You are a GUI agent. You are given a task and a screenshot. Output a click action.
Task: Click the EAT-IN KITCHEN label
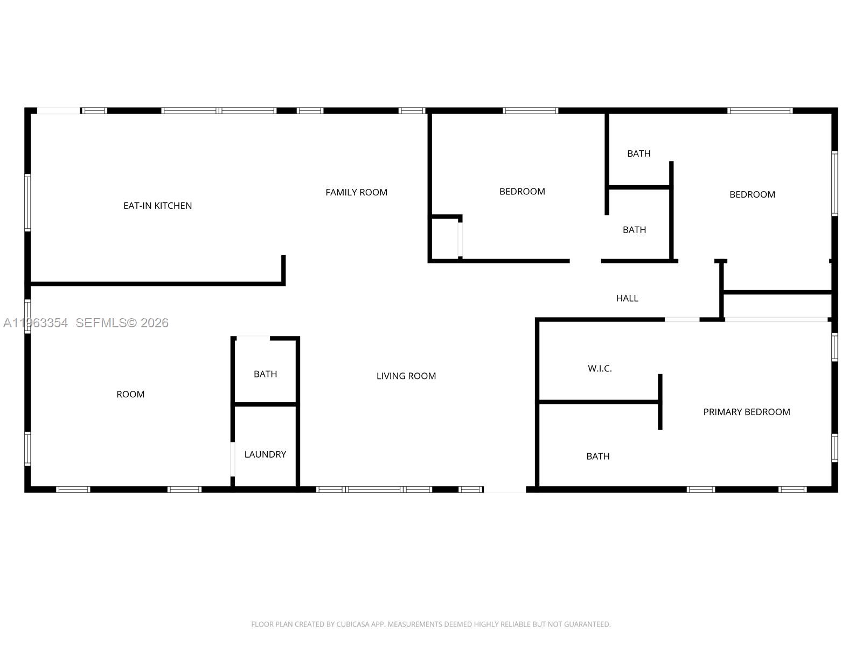pyautogui.click(x=157, y=206)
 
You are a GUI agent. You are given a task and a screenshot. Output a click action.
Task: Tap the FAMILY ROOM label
pyautogui.click(x=356, y=192)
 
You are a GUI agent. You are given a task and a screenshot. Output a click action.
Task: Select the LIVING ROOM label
pyautogui.click(x=406, y=376)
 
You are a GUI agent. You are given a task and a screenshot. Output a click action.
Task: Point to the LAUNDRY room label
pyautogui.click(x=265, y=454)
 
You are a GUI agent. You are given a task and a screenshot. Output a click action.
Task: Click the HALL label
pyautogui.click(x=627, y=298)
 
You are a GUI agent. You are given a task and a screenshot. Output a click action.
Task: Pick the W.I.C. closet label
pyautogui.click(x=600, y=369)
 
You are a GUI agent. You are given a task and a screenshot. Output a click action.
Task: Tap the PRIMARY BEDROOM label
pyautogui.click(x=746, y=412)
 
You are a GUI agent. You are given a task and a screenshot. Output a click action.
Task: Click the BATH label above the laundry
pyautogui.click(x=265, y=374)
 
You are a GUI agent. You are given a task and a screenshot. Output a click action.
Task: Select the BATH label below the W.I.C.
pyautogui.click(x=598, y=457)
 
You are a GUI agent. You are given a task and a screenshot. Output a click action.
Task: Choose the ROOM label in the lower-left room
pyautogui.click(x=130, y=395)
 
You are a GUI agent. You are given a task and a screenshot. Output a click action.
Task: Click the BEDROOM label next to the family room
pyautogui.click(x=522, y=192)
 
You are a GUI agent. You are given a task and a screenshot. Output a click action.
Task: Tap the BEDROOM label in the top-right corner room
pyautogui.click(x=752, y=194)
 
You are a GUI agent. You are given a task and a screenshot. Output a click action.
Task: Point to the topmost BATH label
pyautogui.click(x=638, y=154)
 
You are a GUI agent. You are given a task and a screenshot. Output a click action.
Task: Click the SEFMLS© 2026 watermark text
pyautogui.click(x=122, y=323)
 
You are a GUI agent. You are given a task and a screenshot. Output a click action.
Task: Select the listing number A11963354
pyautogui.click(x=36, y=323)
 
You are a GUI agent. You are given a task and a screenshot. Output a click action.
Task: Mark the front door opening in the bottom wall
pyautogui.click(x=505, y=489)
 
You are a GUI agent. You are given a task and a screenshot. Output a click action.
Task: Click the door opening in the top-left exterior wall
pyautogui.click(x=58, y=111)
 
